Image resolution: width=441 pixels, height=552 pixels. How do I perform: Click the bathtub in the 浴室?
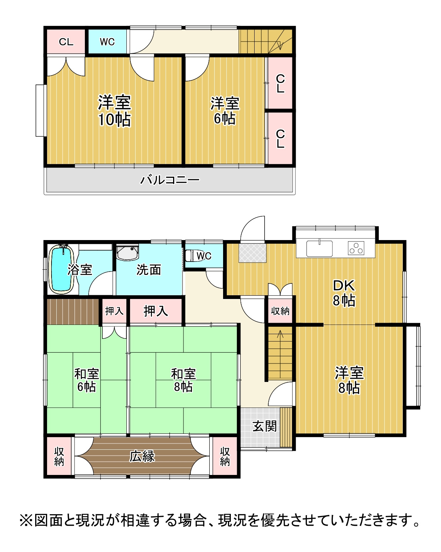pyautogui.click(x=62, y=270)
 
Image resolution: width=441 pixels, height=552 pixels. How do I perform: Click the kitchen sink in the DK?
pyautogui.click(x=319, y=248)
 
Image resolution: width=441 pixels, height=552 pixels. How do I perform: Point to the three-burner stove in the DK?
pyautogui.click(x=356, y=248)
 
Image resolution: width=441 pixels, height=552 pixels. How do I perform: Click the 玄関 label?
pyautogui.click(x=265, y=426)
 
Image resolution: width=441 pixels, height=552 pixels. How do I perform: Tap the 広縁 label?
pyautogui.click(x=142, y=456)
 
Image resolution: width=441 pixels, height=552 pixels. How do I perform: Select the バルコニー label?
pyautogui.click(x=170, y=180)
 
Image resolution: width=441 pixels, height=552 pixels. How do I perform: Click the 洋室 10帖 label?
pyautogui.click(x=115, y=110)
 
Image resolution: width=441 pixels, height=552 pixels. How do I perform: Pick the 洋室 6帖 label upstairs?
pyautogui.click(x=225, y=110)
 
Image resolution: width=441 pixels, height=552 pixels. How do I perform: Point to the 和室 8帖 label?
pyautogui.click(x=183, y=380)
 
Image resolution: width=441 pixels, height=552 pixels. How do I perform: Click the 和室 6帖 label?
pyautogui.click(x=86, y=380)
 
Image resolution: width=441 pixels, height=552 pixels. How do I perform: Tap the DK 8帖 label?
pyautogui.click(x=344, y=293)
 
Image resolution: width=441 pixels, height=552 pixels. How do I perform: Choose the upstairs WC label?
pyautogui.click(x=107, y=42)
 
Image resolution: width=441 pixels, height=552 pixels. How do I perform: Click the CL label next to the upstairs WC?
pyautogui.click(x=66, y=42)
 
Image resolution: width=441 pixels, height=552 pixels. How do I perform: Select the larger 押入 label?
pyautogui.click(x=156, y=311)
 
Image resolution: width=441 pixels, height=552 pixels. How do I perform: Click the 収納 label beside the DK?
pyautogui.click(x=280, y=311)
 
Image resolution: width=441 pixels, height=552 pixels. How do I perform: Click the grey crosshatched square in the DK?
pyautogui.click(x=253, y=253)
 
